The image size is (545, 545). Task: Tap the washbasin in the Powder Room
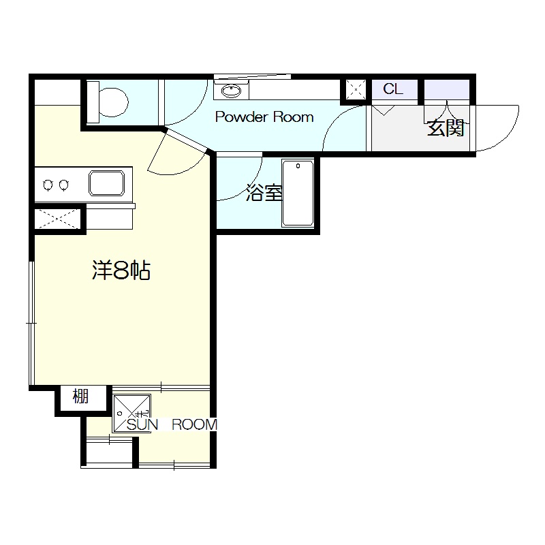231,89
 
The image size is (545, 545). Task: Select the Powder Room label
264,117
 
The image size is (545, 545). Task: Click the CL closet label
393,89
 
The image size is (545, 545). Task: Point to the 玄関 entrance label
446,128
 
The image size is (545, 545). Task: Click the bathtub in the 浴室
298,193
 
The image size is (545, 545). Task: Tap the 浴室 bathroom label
264,194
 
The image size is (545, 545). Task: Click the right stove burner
63,185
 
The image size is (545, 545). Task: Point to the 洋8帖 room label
121,271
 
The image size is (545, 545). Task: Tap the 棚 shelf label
81,396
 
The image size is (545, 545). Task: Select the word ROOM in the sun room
194,425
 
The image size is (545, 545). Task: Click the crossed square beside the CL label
356,89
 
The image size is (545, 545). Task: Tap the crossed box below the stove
59,219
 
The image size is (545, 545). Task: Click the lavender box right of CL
446,89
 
